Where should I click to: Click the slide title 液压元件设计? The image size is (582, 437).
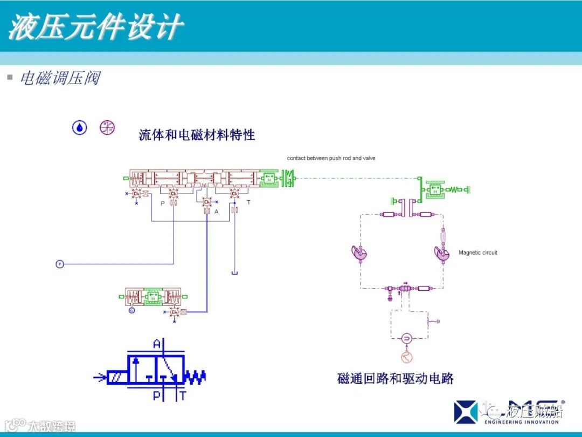point(96,27)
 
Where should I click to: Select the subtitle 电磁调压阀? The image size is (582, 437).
point(60,78)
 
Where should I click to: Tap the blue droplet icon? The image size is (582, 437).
point(80,127)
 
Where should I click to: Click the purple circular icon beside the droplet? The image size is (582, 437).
point(107,127)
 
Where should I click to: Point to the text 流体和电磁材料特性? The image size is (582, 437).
point(197,135)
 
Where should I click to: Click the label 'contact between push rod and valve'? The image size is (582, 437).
point(331,158)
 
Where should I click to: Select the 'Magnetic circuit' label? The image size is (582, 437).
point(478,252)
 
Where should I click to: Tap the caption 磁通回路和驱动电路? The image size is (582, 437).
point(395,379)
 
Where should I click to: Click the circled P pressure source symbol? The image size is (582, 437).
point(60,264)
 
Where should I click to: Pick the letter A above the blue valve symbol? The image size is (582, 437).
point(157,344)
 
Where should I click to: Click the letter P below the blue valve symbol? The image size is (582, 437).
point(157,396)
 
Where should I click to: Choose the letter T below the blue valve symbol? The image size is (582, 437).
point(183,396)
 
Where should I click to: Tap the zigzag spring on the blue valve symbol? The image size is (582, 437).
point(195,377)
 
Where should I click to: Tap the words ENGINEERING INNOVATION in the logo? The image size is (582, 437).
point(522,422)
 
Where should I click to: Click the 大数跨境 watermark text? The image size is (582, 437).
point(52,426)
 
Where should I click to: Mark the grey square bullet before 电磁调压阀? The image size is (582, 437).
point(10,77)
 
